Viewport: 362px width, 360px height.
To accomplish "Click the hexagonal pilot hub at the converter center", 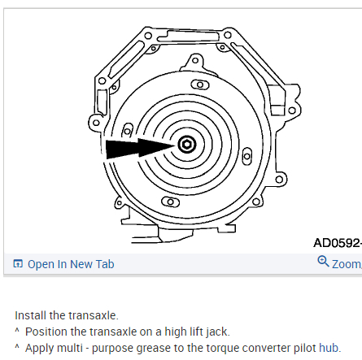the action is click(x=187, y=145).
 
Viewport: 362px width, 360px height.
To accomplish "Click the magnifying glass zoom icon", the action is click(x=323, y=262).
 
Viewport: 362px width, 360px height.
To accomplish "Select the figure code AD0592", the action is click(x=338, y=243).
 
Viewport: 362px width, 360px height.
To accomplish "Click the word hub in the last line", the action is click(x=329, y=348).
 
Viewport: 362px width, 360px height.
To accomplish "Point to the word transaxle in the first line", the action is click(x=92, y=315).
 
